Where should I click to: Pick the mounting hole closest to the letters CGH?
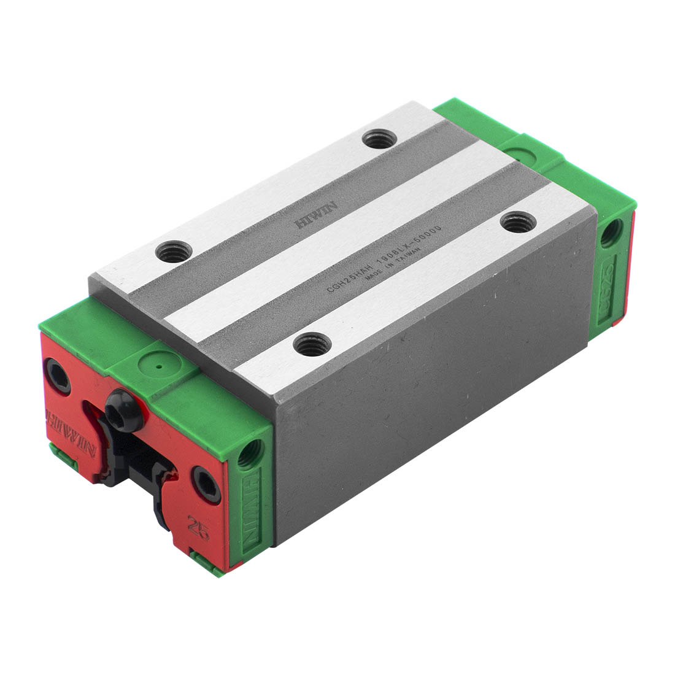click(x=312, y=344)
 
